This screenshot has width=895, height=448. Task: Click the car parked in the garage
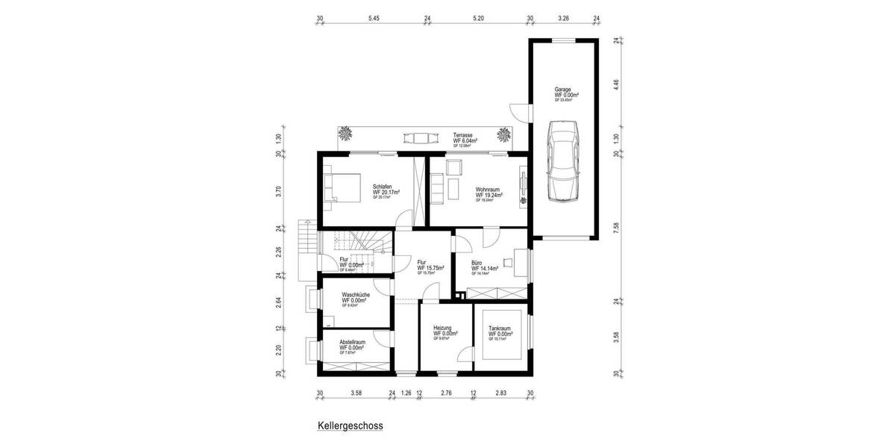(562, 162)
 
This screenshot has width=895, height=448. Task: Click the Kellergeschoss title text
(350, 426)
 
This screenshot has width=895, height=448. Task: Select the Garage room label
(563, 89)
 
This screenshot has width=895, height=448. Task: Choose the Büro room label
(477, 263)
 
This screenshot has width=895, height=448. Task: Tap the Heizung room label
(444, 328)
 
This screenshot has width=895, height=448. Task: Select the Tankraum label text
(500, 328)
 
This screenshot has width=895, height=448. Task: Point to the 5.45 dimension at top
(374, 18)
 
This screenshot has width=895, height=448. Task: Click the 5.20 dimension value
(478, 18)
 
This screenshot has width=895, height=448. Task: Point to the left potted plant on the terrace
(345, 134)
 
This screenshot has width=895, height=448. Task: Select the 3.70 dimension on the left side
(278, 190)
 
